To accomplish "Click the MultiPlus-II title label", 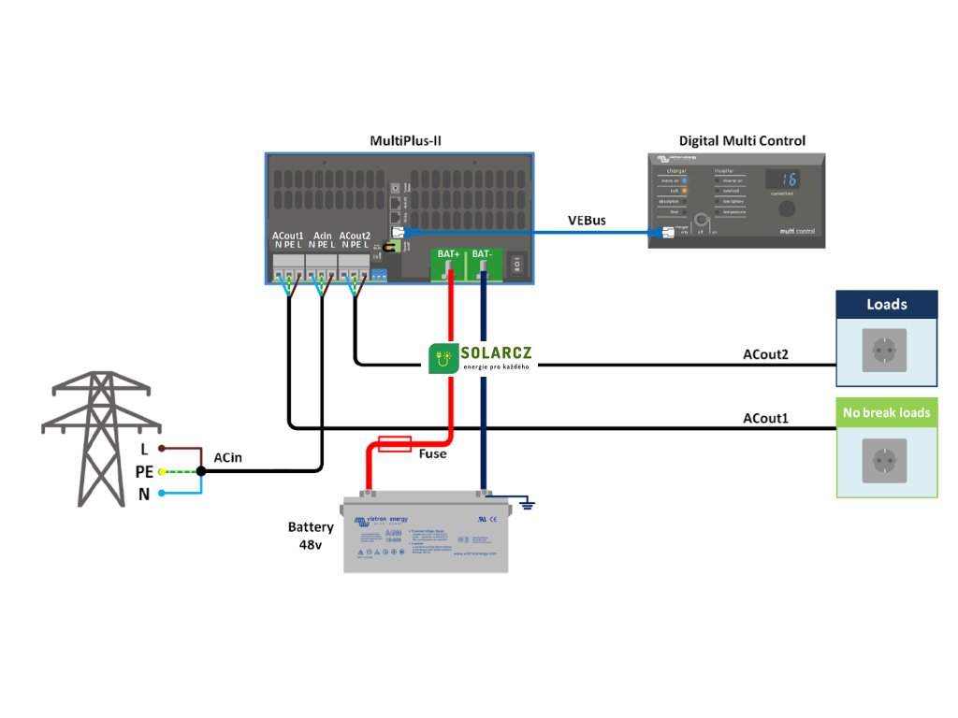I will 405,141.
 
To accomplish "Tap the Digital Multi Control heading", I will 742,141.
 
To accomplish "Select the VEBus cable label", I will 587,221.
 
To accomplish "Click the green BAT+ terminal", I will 449,264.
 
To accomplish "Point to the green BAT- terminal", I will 483,264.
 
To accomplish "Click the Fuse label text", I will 432,453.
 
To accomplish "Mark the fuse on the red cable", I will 394,443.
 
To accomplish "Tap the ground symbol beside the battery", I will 528,505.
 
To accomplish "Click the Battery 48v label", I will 311,536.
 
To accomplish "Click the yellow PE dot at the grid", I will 162,472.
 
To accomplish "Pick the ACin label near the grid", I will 228,457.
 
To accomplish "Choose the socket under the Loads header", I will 885,352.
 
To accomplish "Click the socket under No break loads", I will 885,460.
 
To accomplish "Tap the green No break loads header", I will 886,412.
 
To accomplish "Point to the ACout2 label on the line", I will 765,355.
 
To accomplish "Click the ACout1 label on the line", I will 765,418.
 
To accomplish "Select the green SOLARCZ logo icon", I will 443,359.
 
